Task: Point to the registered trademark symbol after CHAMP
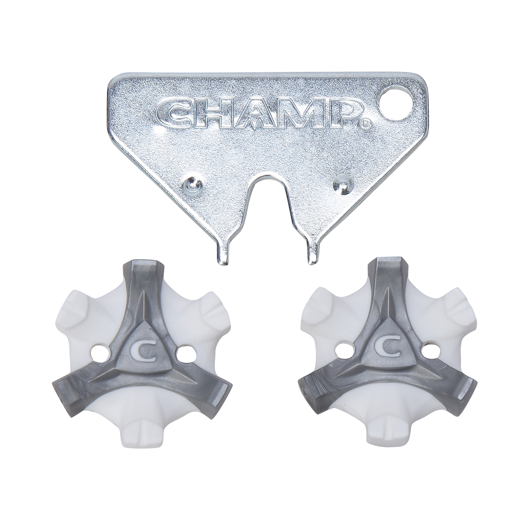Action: pyautogui.click(x=365, y=124)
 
